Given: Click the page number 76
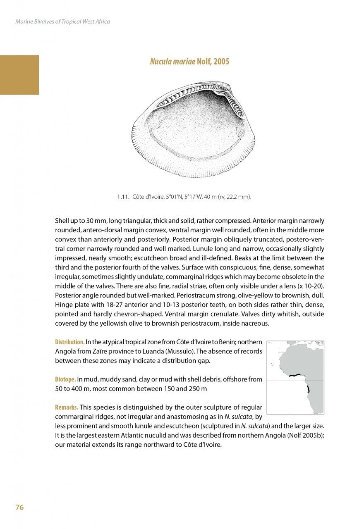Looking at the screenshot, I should [19, 508].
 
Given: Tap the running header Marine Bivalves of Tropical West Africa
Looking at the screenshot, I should [62, 21].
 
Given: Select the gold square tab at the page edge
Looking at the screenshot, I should [19, 75].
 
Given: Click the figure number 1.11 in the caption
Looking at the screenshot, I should [123, 197].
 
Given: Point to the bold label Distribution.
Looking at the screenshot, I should [70, 342].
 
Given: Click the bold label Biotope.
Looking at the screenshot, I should [65, 379].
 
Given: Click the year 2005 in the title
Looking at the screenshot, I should [221, 62].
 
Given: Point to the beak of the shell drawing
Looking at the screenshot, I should [225, 87].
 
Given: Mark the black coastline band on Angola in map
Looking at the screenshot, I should [308, 389].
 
